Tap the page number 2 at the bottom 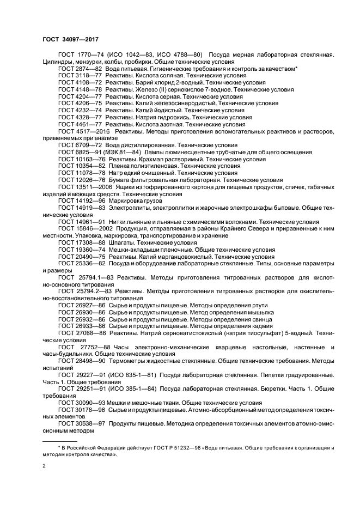44,466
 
